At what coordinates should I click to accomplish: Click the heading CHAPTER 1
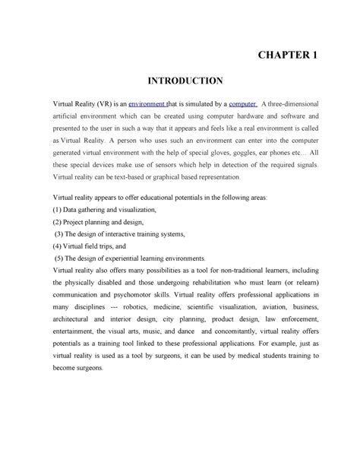tap(290, 55)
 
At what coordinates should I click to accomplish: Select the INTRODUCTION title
tap(179, 81)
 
